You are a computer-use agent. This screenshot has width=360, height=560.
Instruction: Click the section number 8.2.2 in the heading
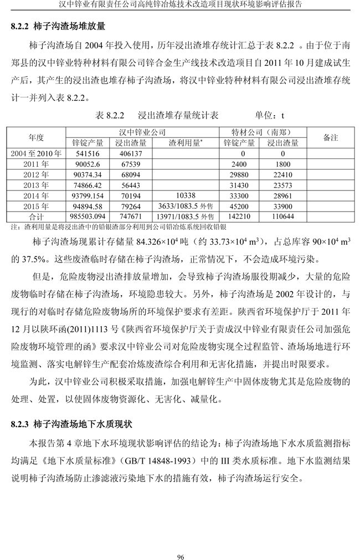click(21, 25)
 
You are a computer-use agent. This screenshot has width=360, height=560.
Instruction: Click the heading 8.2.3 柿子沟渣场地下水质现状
click(71, 424)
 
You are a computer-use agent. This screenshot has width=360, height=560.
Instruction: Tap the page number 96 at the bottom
click(180, 541)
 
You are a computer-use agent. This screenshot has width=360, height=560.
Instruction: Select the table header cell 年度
click(36, 137)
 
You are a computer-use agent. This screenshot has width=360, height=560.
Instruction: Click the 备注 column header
click(330, 137)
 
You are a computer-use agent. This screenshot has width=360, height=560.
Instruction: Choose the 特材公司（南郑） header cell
click(263, 133)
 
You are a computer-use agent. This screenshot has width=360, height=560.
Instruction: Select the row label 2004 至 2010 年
click(36, 153)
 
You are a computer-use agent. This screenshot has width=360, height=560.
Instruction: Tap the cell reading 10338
click(185, 196)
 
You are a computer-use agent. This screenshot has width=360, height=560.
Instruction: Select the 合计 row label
click(36, 217)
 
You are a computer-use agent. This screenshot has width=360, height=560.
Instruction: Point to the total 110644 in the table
click(283, 217)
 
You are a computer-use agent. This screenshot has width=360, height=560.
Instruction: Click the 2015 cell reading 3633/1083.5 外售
click(185, 206)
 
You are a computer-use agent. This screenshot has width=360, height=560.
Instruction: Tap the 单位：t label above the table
click(269, 116)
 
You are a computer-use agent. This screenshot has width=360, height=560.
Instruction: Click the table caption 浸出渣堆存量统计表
click(178, 116)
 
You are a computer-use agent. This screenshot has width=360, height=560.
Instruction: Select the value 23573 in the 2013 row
click(283, 185)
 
